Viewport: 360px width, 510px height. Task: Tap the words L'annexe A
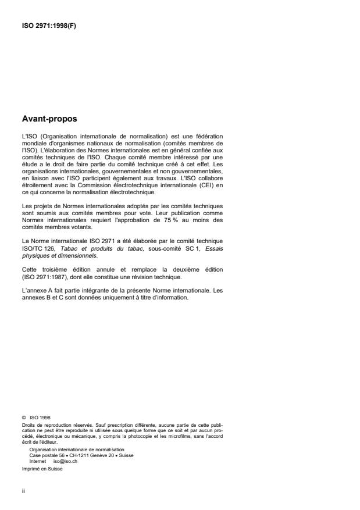click(35, 291)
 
